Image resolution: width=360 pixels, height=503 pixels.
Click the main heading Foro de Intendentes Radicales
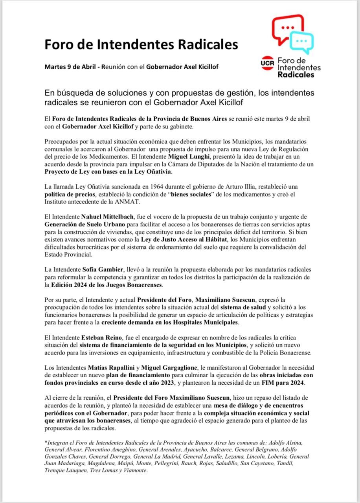pos(141,44)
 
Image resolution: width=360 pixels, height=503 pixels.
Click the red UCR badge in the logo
pos(267,62)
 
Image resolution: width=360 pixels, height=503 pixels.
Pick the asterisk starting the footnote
pos(46,442)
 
